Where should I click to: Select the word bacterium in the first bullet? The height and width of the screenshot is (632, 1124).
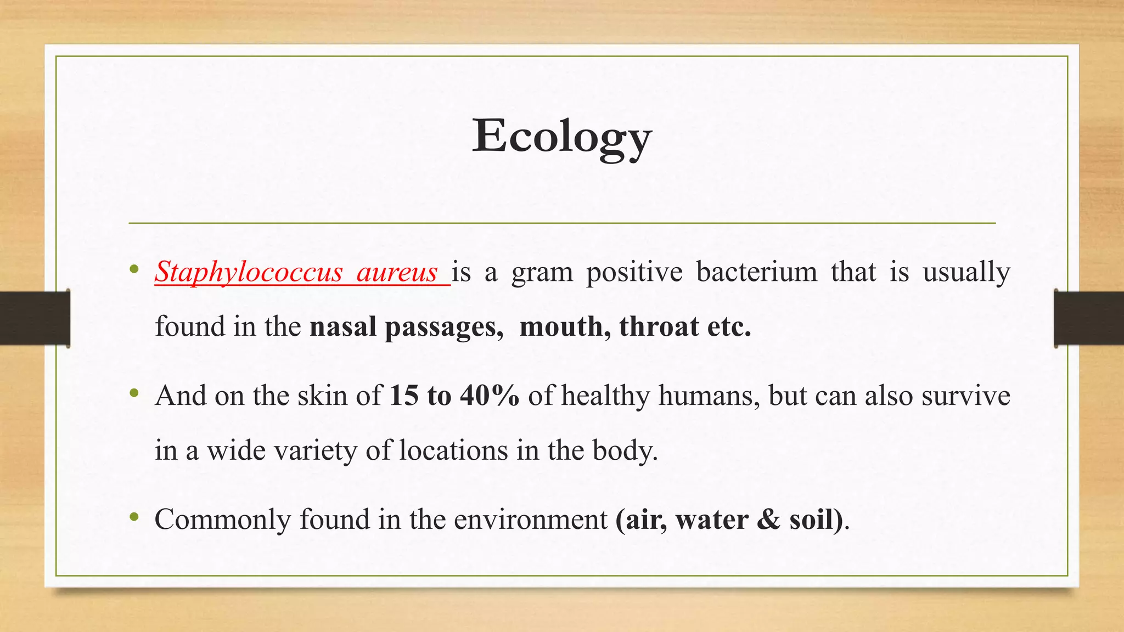756,272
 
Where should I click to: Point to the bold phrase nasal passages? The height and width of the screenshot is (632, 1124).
406,328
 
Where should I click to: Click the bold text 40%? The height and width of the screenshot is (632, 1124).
490,396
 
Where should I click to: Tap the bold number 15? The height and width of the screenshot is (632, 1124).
404,396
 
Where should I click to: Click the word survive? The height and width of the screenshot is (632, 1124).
965,396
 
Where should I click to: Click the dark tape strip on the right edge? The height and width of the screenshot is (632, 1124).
1089,319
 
